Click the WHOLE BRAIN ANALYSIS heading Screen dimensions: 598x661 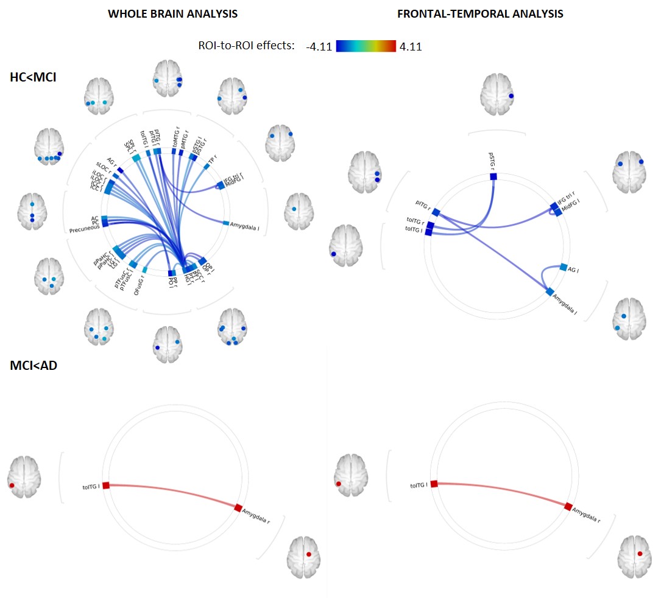point(172,13)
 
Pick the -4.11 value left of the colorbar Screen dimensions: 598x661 point(319,47)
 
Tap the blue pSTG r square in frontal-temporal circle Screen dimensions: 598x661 point(493,176)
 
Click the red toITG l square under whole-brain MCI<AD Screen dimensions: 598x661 point(105,485)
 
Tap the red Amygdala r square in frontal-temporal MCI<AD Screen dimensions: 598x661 point(568,506)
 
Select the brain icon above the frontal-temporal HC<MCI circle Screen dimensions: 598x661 point(497,94)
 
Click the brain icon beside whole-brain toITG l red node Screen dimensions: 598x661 point(24,477)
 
